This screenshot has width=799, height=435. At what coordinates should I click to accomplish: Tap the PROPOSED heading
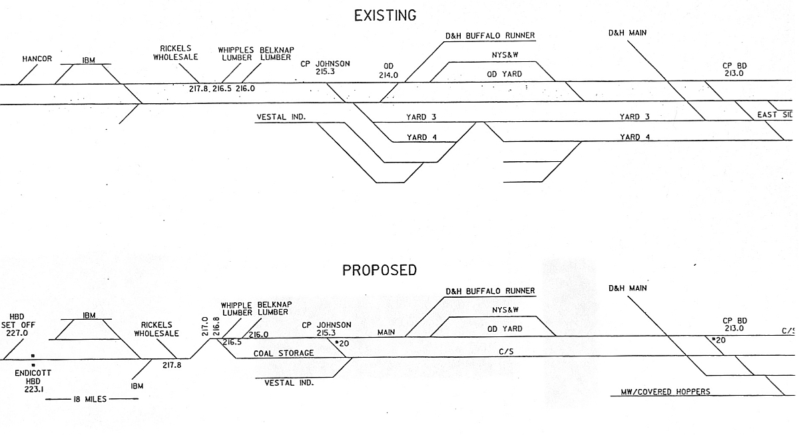tap(380, 270)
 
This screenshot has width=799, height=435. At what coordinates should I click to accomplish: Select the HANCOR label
tap(37, 59)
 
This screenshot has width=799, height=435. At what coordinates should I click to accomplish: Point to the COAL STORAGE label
tap(284, 353)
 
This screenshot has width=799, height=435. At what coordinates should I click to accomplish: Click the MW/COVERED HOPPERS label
tap(661, 392)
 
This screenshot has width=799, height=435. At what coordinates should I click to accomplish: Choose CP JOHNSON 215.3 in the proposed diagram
tap(326, 328)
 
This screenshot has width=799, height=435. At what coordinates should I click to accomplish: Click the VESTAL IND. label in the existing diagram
tap(280, 117)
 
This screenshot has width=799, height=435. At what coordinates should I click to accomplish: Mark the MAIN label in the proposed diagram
tap(388, 332)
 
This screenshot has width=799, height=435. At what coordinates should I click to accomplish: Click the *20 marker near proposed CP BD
tap(718, 340)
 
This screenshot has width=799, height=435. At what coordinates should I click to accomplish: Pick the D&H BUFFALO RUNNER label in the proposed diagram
tap(491, 291)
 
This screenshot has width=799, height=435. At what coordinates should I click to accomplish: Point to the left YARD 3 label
tap(421, 117)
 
